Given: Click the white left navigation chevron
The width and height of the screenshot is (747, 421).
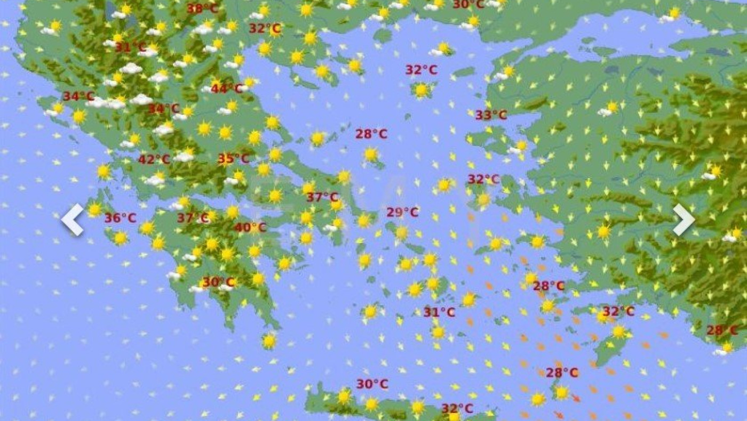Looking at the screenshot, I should [x=73, y=219].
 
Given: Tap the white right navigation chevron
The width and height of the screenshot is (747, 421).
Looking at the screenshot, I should [x=684, y=219].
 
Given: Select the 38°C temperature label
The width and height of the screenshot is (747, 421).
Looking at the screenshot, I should [x=202, y=9].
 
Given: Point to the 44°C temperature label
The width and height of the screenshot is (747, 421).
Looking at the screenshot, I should [x=226, y=88].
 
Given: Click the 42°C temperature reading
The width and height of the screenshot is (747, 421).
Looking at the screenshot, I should [x=154, y=159].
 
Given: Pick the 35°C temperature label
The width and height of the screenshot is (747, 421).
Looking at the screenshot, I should [x=233, y=159].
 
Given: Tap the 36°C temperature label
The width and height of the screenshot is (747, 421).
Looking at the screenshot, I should [x=120, y=218].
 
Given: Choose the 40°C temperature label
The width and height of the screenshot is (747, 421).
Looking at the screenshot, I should [x=250, y=228].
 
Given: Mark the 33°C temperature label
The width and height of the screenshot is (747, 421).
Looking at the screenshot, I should [x=491, y=115].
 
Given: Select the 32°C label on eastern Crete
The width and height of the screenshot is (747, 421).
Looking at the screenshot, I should [x=457, y=409].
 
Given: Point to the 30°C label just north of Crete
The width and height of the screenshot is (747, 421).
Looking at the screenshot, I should [x=372, y=384].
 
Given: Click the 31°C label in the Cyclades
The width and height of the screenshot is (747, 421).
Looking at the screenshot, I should [x=439, y=312].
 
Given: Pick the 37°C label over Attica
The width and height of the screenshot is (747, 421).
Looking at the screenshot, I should [x=322, y=197].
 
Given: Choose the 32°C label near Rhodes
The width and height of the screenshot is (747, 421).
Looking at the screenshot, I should [x=618, y=311].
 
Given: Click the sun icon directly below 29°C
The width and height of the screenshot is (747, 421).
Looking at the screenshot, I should [x=401, y=232].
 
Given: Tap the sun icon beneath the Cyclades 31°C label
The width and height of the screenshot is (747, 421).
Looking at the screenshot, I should [x=438, y=332].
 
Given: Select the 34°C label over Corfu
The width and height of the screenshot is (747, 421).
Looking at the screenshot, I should [x=78, y=96].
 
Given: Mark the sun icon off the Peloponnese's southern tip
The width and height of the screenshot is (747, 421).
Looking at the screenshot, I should [x=269, y=340].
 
